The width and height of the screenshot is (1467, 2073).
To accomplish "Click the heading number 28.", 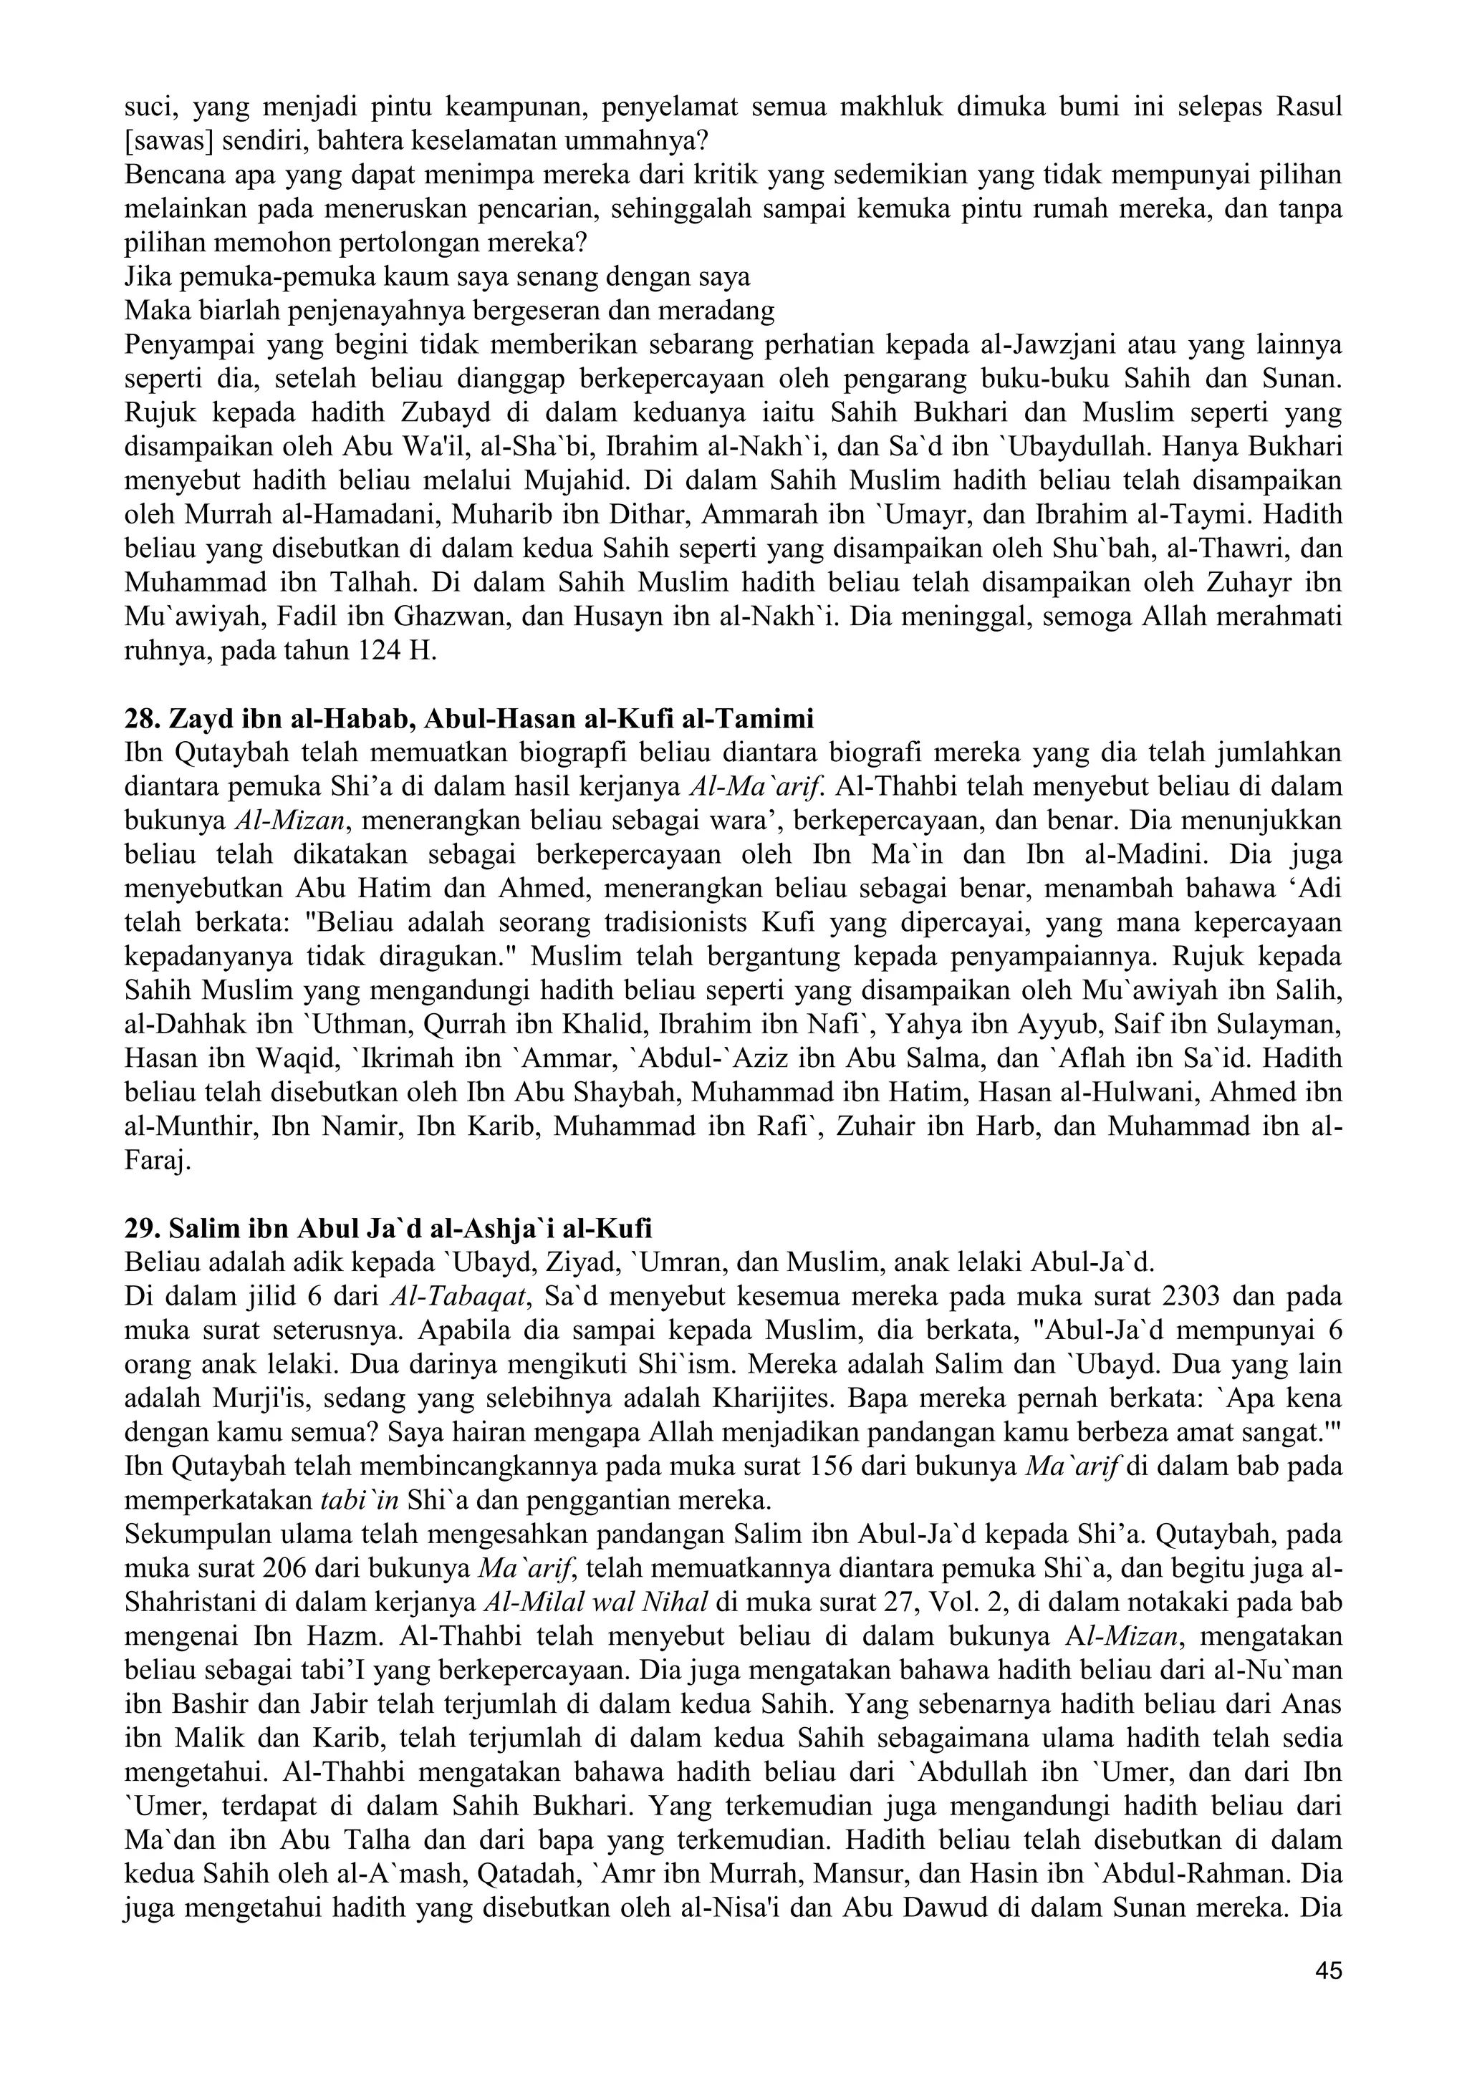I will pos(140,720).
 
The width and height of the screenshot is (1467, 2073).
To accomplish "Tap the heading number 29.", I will pos(140,1229).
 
